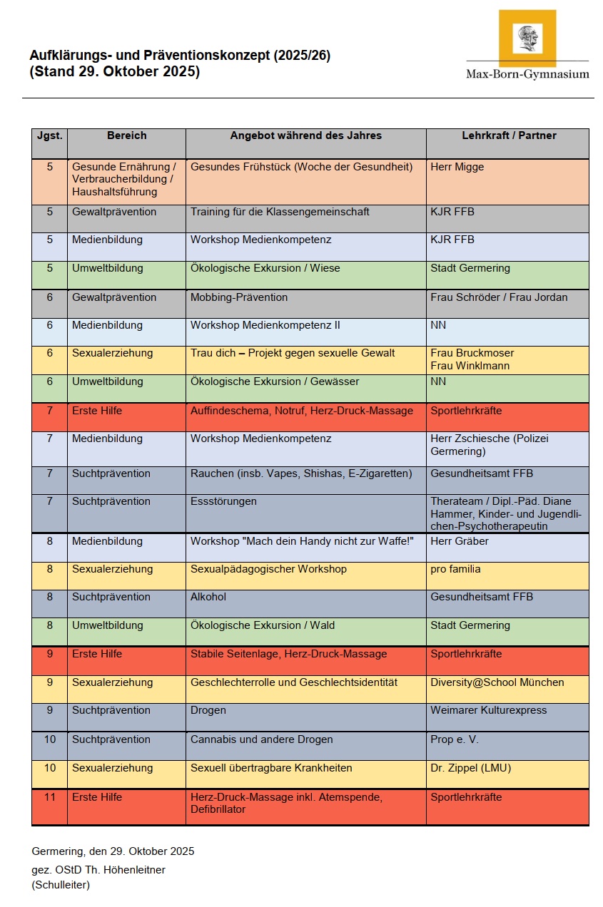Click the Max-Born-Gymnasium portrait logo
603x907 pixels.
[x=527, y=39]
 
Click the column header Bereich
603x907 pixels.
[x=126, y=135]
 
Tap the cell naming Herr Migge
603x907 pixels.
[x=457, y=167]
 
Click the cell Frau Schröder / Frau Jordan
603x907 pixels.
[x=499, y=297]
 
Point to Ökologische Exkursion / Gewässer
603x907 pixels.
[x=275, y=381]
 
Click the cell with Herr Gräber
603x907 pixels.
[x=460, y=541]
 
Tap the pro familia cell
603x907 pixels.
[x=455, y=569]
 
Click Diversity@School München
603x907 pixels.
[x=497, y=682]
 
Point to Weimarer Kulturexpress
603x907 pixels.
[x=489, y=710]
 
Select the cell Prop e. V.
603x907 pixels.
[x=455, y=739]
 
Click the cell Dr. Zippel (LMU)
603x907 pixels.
[x=470, y=768]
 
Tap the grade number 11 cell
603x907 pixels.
[x=50, y=797]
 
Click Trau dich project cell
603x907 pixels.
[x=293, y=353]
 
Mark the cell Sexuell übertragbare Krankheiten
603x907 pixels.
[x=271, y=768]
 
